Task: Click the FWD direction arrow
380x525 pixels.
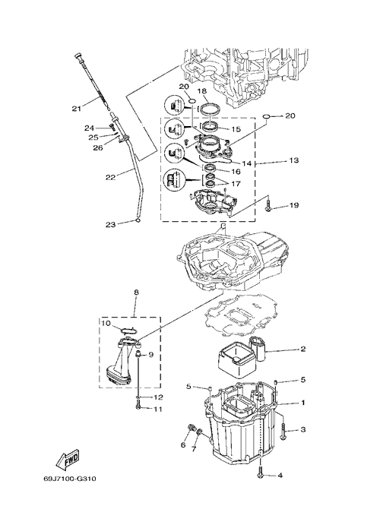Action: pyautogui.click(x=68, y=457)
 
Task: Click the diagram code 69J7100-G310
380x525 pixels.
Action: pyautogui.click(x=70, y=479)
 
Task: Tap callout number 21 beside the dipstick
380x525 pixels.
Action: pyautogui.click(x=76, y=109)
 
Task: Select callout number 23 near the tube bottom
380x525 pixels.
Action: pyautogui.click(x=110, y=225)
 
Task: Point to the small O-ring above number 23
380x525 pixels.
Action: pyautogui.click(x=138, y=220)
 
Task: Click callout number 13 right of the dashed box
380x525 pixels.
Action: pyautogui.click(x=293, y=160)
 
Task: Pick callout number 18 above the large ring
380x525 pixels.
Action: pyautogui.click(x=202, y=91)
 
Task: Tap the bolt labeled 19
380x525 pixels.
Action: pyautogui.click(x=268, y=206)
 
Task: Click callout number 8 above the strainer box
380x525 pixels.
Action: pyautogui.click(x=136, y=293)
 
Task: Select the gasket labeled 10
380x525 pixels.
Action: pyautogui.click(x=128, y=330)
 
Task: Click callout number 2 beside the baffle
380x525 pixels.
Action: pyautogui.click(x=302, y=349)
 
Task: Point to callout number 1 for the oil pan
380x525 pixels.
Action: pyautogui.click(x=303, y=403)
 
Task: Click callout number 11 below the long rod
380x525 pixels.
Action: pyautogui.click(x=157, y=410)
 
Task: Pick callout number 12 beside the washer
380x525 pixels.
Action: pyautogui.click(x=158, y=397)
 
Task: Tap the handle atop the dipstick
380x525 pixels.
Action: pyautogui.click(x=79, y=56)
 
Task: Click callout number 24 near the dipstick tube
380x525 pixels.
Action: pyautogui.click(x=89, y=128)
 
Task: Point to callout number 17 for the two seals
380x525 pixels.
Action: pyautogui.click(x=236, y=184)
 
